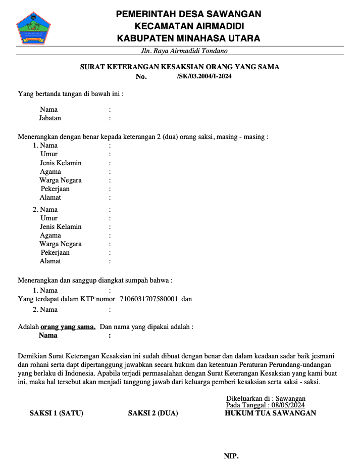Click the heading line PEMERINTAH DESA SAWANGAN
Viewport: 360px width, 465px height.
point(188,14)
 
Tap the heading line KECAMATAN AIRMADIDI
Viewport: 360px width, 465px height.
point(189,26)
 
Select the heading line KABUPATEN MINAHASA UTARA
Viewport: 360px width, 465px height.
point(188,38)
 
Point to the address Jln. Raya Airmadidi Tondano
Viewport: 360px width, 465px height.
point(184,51)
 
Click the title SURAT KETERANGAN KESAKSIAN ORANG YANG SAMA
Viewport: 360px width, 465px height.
point(180,67)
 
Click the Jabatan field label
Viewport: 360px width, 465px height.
point(50,118)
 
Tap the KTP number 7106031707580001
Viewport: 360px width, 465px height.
point(148,299)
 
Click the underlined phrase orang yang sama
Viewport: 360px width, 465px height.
point(68,327)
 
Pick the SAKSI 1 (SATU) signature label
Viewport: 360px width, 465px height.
point(57,413)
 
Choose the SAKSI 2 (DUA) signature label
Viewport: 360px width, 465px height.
point(153,413)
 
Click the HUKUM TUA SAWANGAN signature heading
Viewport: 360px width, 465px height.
point(270,413)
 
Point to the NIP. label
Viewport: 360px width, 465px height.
point(231,456)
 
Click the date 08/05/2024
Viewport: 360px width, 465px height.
point(288,405)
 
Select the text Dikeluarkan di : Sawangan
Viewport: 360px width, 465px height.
point(266,398)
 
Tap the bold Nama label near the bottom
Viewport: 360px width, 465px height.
point(48,335)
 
